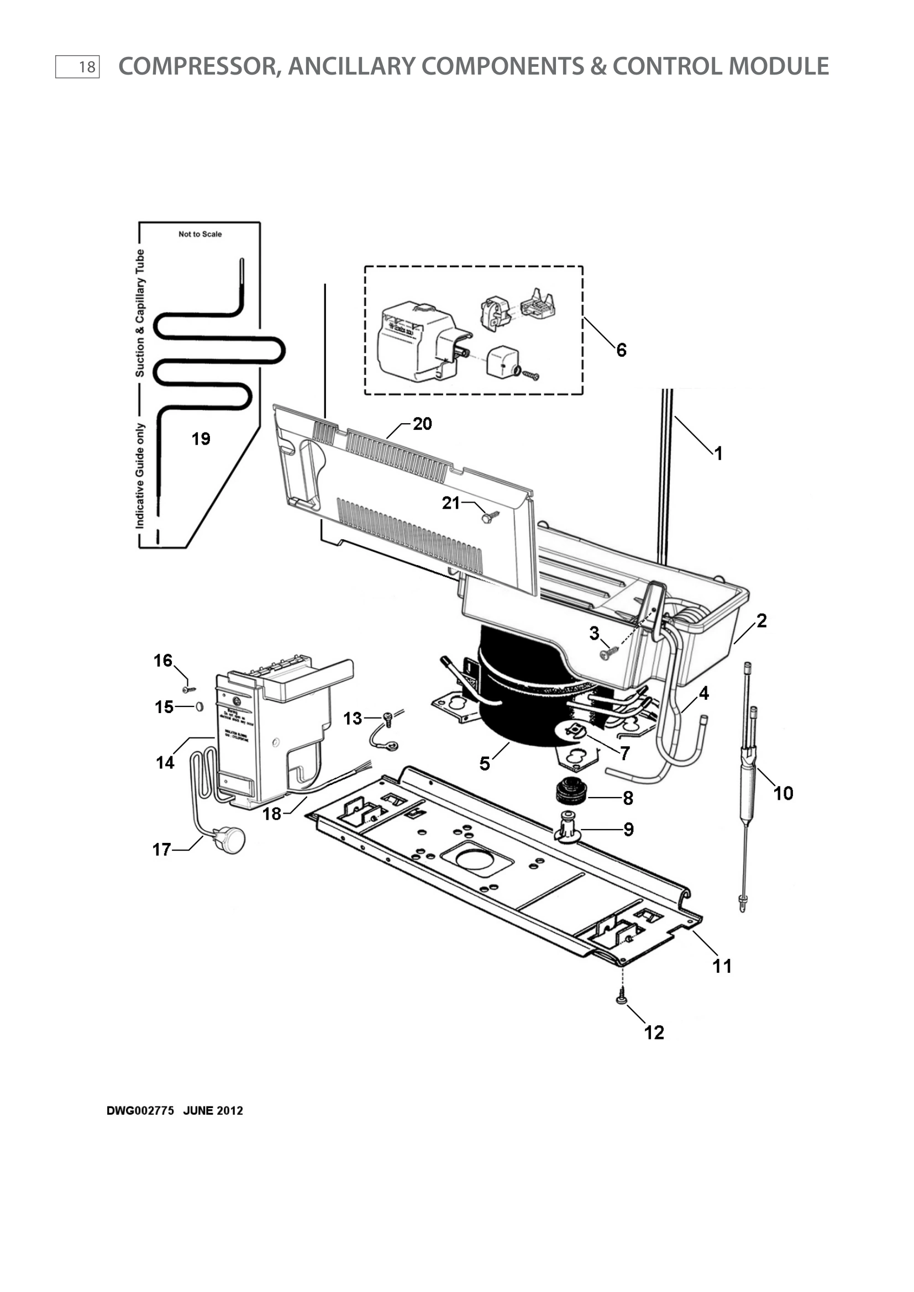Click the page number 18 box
point(78,67)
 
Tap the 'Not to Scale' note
point(200,234)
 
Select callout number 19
point(201,439)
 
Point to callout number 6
point(621,350)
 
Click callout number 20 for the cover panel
point(422,424)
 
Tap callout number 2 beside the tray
point(761,621)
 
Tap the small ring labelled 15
point(199,706)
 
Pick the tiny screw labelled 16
point(187,688)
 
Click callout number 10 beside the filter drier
point(783,793)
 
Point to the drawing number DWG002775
point(140,1110)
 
